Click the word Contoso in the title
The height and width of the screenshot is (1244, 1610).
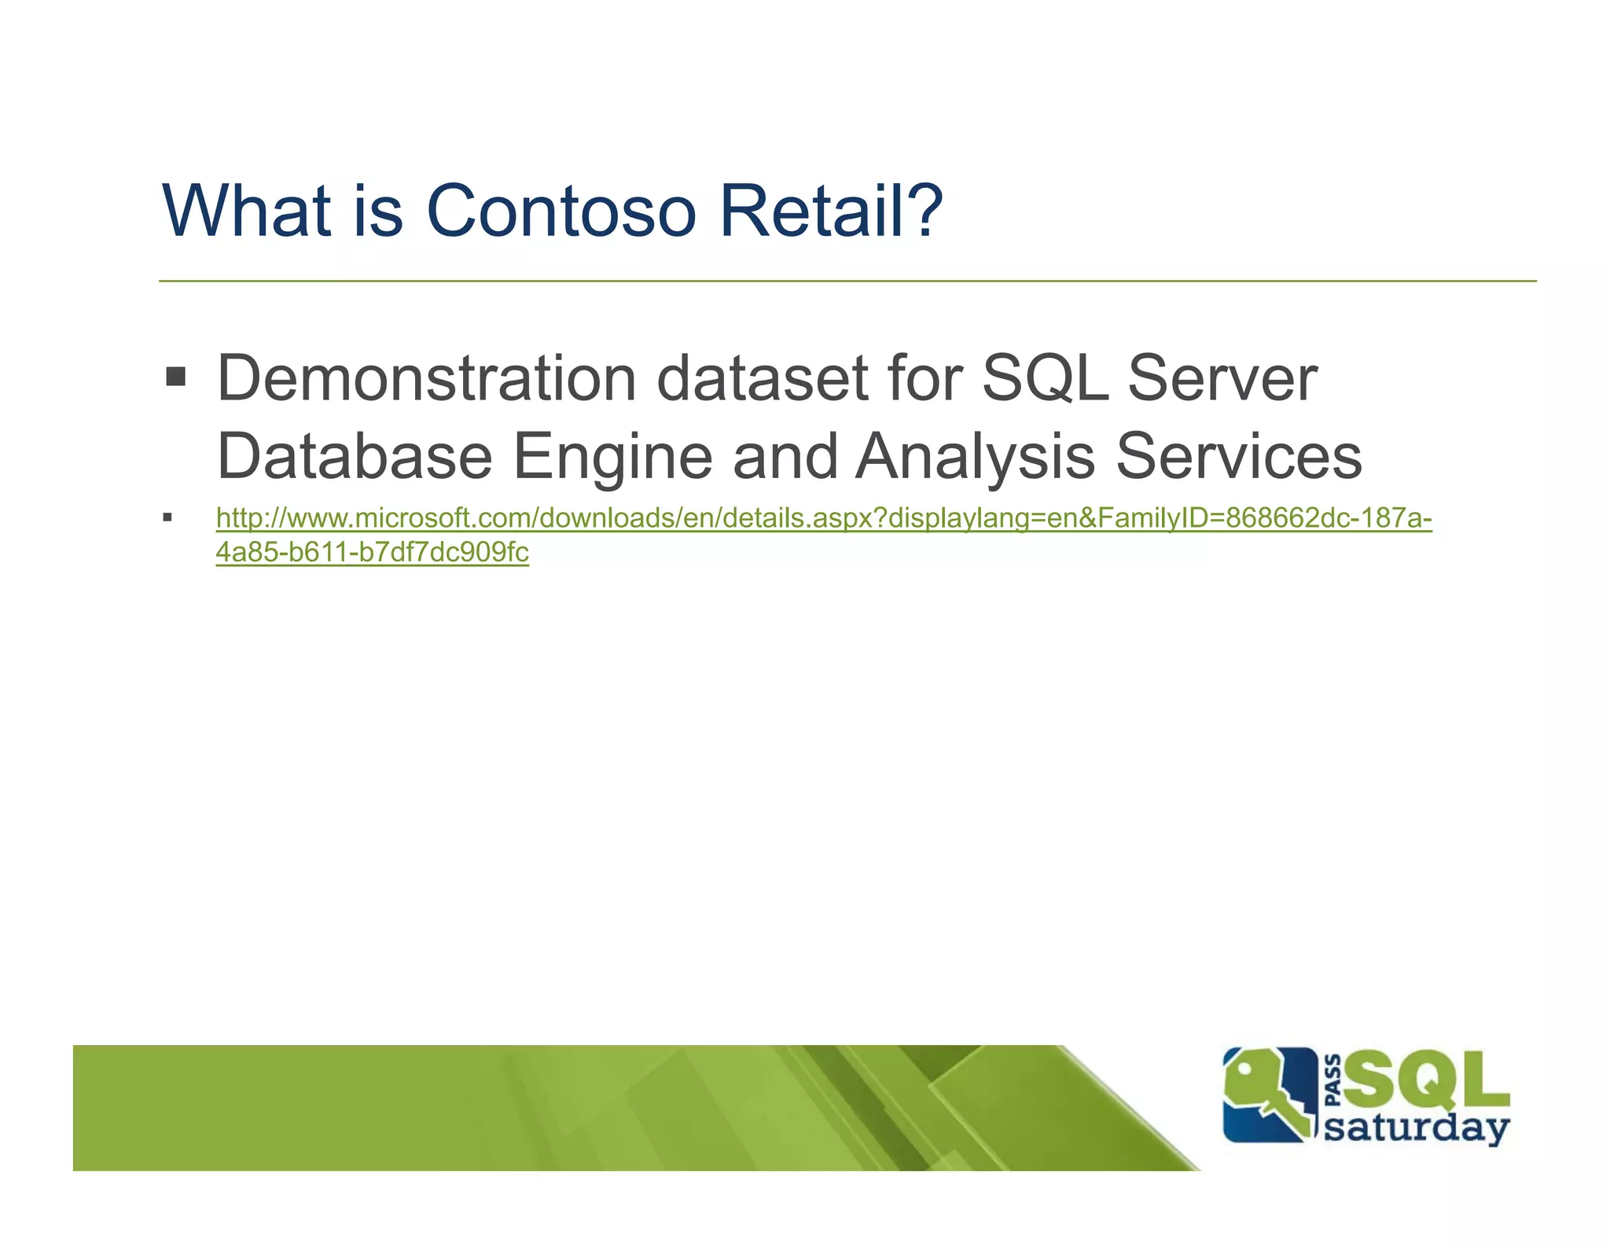(x=561, y=211)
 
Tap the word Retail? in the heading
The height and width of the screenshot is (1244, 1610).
(x=831, y=211)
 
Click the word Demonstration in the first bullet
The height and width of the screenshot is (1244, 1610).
(x=426, y=379)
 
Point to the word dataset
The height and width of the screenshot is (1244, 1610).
(x=762, y=379)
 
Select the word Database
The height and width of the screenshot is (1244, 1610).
(x=354, y=456)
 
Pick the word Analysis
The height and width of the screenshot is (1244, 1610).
(x=974, y=458)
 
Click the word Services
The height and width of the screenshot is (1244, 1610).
(x=1239, y=456)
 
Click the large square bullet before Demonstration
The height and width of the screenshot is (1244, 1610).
(x=175, y=377)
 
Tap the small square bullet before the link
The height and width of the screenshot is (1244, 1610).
(x=167, y=517)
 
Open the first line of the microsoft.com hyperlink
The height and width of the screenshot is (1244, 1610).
(x=823, y=518)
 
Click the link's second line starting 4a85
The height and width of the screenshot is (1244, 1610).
(x=372, y=553)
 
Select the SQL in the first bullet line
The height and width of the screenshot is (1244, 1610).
(x=1045, y=379)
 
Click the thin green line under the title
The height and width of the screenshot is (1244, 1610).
(x=847, y=281)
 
